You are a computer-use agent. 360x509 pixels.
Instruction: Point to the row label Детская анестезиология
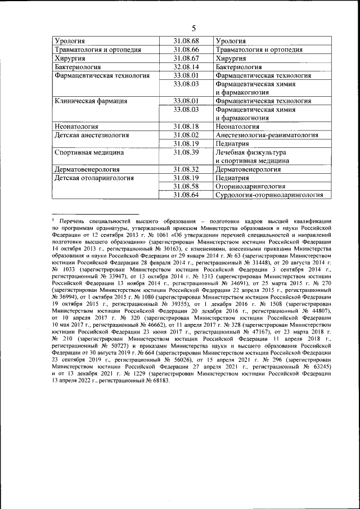click(92, 136)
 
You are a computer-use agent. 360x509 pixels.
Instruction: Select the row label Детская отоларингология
click(94, 178)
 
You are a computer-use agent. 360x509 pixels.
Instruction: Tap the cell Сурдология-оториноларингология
click(269, 195)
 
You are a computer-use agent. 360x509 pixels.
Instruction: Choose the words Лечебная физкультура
click(251, 152)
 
